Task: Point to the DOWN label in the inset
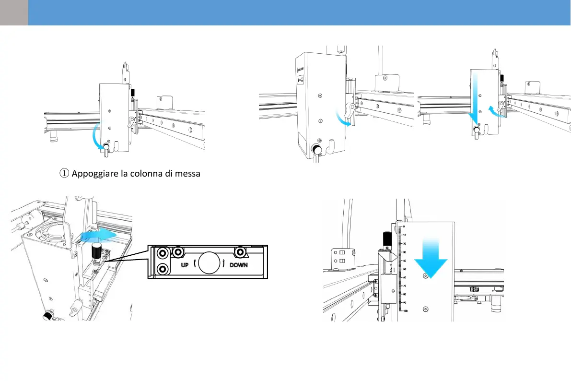click(238, 265)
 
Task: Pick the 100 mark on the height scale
click(405, 311)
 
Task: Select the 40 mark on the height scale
click(405, 261)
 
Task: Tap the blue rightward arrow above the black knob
click(98, 234)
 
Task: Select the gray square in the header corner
click(14, 12)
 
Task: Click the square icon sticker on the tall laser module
click(301, 81)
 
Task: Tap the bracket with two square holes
click(342, 257)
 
